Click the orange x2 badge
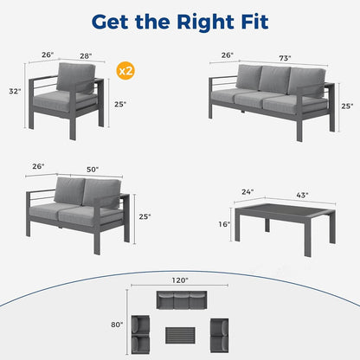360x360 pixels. [125, 68]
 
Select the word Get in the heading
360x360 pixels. [111, 20]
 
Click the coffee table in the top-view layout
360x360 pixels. [180, 333]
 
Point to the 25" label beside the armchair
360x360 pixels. [120, 105]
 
